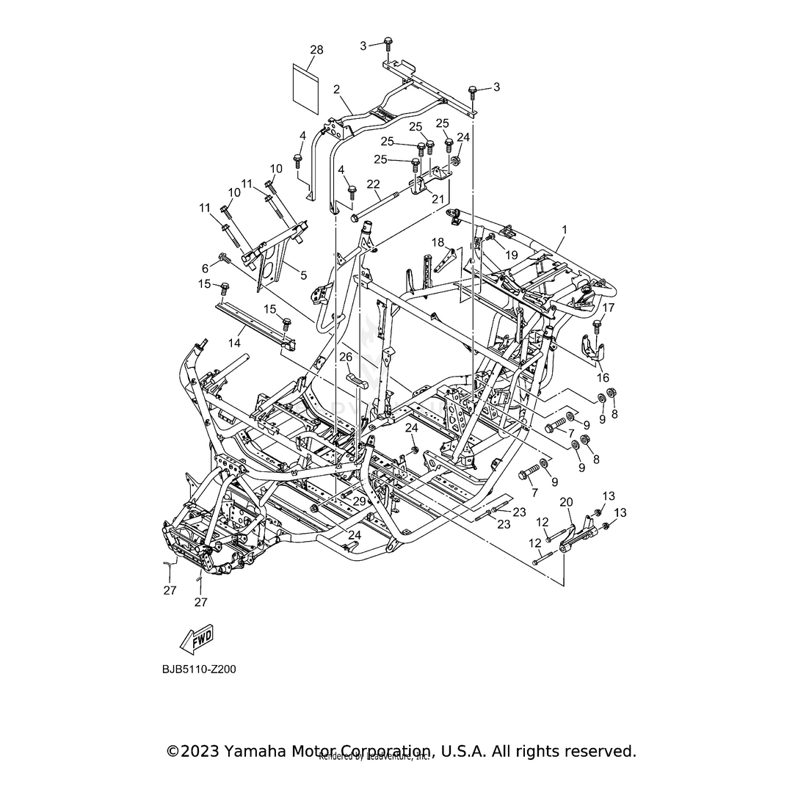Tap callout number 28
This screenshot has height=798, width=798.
[x=316, y=50]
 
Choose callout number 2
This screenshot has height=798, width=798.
[x=336, y=90]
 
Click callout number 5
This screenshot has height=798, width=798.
[x=303, y=275]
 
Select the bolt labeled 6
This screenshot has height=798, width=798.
[x=223, y=259]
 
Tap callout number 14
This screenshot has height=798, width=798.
[x=234, y=342]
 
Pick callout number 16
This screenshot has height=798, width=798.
[x=603, y=378]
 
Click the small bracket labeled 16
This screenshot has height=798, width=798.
[x=593, y=348]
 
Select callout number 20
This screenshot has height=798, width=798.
[x=566, y=502]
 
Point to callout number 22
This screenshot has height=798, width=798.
[x=373, y=184]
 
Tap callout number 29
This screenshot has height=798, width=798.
[x=359, y=501]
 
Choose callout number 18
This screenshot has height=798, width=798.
[x=438, y=242]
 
